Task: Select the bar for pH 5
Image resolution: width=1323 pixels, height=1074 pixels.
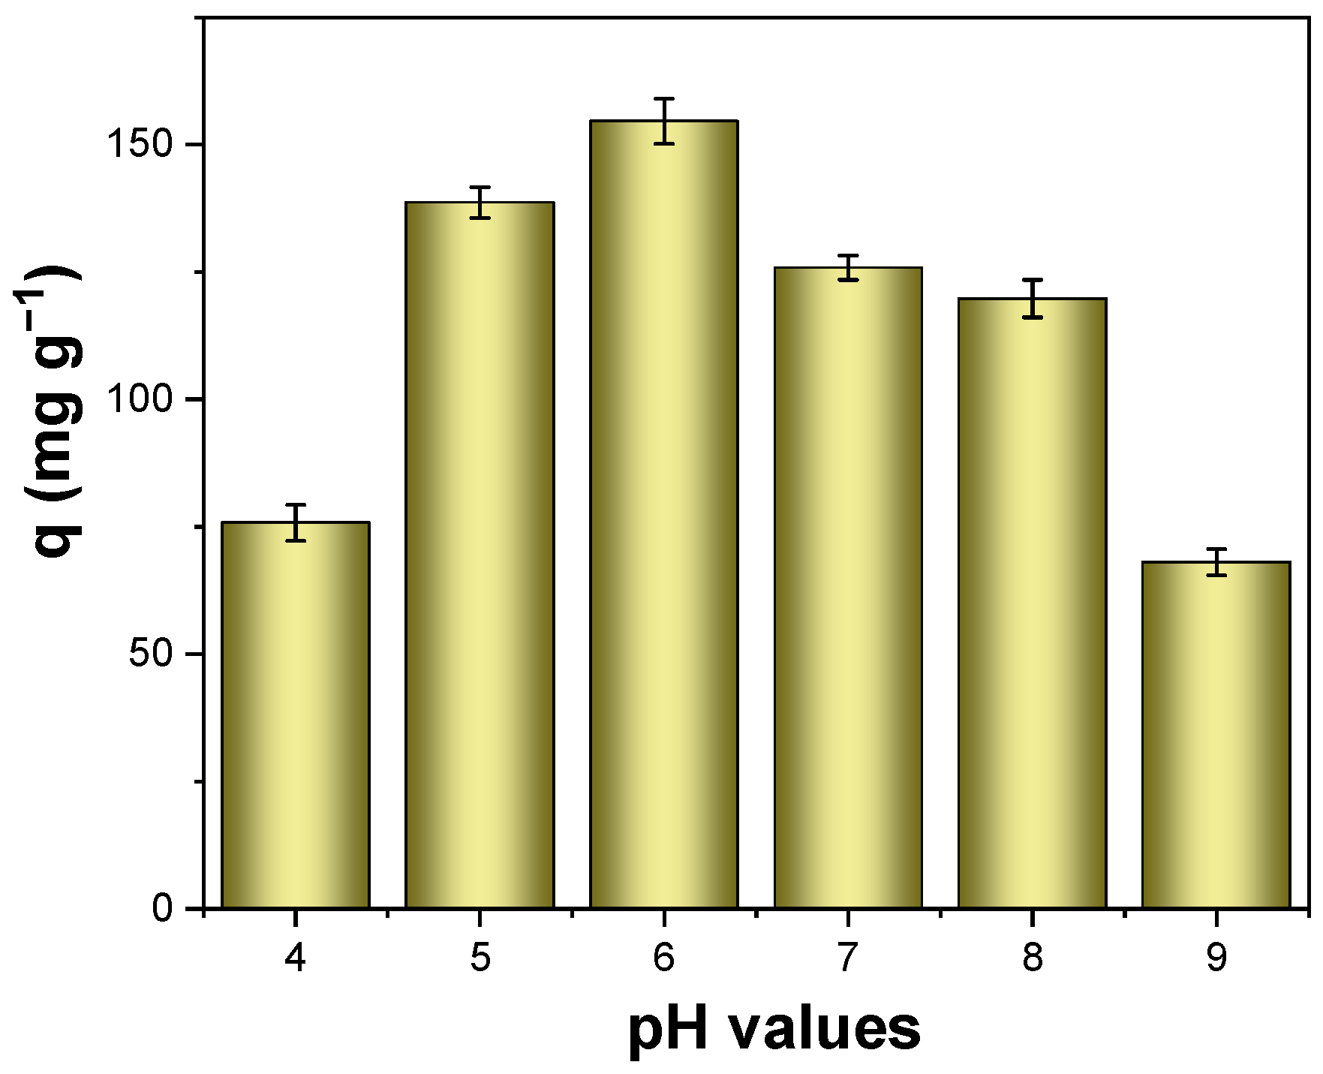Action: coord(480,555)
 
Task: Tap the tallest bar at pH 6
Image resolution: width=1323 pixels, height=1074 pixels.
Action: coord(664,514)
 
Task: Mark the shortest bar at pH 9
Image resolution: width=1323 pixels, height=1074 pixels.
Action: coord(1216,735)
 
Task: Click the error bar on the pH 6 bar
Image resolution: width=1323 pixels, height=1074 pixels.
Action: coord(664,121)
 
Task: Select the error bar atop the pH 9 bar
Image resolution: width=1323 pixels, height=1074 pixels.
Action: coord(1216,562)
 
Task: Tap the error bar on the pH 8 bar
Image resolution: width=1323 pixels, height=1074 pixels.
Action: coord(1033,299)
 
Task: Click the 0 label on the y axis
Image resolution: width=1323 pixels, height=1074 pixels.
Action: coord(163,909)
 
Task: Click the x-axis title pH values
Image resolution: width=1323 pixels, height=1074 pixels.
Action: coord(774,1030)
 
